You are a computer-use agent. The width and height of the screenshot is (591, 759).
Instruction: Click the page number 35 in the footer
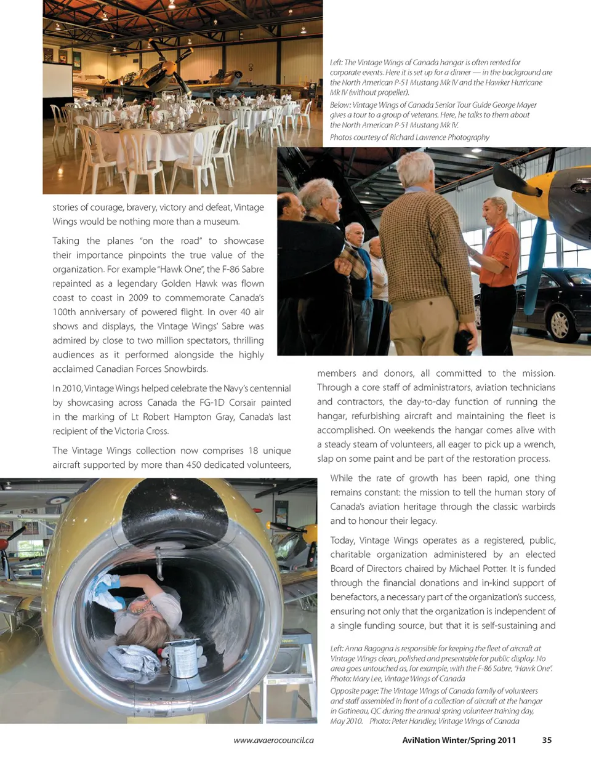(x=547, y=740)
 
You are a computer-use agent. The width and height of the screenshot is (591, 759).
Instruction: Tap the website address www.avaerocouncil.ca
(x=273, y=740)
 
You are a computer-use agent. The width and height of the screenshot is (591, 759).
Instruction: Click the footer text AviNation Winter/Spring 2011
(x=459, y=740)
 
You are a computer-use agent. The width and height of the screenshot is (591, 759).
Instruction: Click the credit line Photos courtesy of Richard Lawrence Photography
(x=409, y=137)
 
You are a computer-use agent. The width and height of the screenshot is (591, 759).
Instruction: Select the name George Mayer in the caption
(x=513, y=105)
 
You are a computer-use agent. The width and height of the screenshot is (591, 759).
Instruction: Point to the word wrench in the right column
(x=540, y=444)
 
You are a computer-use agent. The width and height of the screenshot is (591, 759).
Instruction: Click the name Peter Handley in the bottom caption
(x=412, y=721)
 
